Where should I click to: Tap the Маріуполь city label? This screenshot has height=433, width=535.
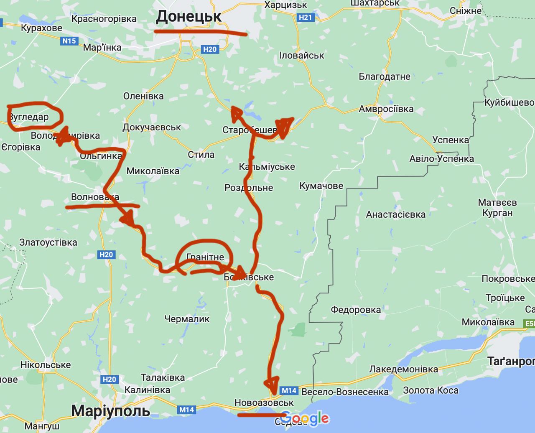click(110, 411)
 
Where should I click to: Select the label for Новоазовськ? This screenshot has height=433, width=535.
click(264, 402)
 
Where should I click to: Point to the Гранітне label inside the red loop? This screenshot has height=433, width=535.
click(205, 257)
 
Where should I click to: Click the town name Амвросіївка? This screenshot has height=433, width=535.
click(386, 109)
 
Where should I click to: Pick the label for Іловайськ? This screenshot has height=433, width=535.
click(301, 56)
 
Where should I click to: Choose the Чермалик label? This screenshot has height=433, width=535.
click(187, 319)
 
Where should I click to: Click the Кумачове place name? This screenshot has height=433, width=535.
click(321, 186)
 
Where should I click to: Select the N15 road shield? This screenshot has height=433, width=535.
click(69, 41)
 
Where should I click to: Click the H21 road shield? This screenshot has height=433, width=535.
click(305, 17)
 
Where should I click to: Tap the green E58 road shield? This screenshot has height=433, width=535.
click(529, 323)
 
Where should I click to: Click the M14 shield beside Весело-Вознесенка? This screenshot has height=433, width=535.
click(289, 391)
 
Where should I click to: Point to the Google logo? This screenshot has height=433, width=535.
click(305, 418)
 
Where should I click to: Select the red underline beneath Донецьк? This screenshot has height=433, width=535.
click(201, 32)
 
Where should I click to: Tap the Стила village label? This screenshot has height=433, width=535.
click(201, 155)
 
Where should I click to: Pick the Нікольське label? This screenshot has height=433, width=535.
click(46, 364)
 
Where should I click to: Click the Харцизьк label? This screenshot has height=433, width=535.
click(286, 5)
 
